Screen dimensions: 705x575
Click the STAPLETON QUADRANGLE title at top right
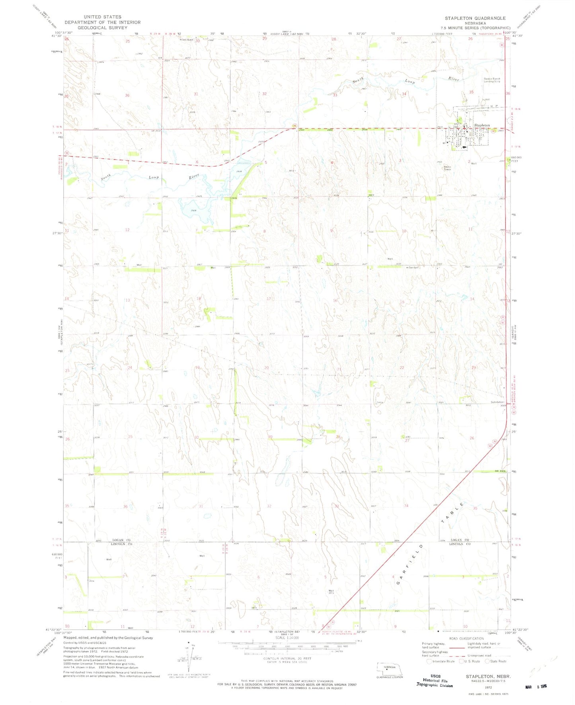tap(475, 18)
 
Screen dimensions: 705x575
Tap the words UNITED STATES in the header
tap(103, 17)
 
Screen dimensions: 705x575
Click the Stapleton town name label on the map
tap(482, 125)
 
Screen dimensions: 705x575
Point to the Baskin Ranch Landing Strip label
tap(492, 80)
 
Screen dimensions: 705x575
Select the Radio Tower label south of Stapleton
tap(448, 168)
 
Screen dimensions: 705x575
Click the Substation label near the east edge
tap(497, 402)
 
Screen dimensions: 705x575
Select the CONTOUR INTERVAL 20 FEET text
tap(286, 658)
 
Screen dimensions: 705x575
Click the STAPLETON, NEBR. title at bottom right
tap(488, 676)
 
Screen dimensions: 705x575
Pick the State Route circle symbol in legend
tap(487, 661)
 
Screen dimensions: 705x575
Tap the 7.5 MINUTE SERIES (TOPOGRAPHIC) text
tap(475, 28)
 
